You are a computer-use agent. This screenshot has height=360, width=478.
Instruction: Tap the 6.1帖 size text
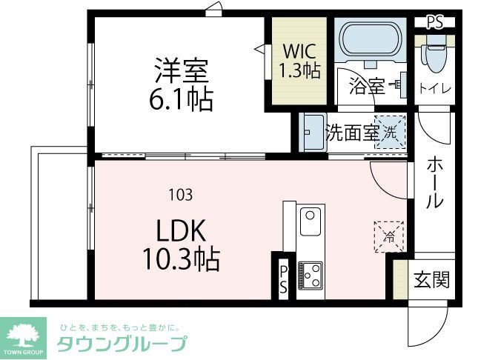[181, 99]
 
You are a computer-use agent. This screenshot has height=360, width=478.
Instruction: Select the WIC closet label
[299, 52]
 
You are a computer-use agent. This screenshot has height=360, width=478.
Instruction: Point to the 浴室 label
[367, 86]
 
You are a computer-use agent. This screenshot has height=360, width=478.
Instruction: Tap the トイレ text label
[436, 89]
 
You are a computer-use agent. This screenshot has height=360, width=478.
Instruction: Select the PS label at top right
[435, 22]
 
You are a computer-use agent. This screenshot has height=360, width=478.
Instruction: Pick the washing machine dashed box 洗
[390, 133]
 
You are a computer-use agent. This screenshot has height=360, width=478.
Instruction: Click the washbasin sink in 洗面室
[313, 133]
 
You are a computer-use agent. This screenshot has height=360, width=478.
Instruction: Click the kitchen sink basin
[309, 221]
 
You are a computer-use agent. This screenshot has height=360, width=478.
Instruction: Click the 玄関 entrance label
[431, 280]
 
